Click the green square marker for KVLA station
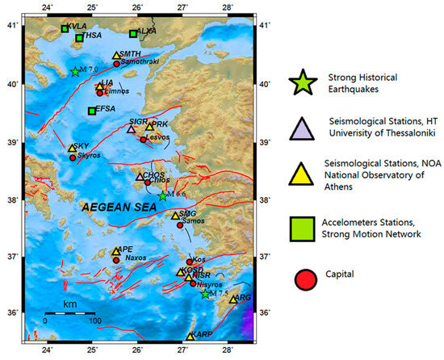click(x=65, y=29)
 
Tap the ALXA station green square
click(x=133, y=34)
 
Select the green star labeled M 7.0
click(x=75, y=72)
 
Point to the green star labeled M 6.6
click(x=162, y=196)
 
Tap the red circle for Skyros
click(x=73, y=157)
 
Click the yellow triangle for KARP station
click(x=191, y=336)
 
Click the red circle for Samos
click(x=180, y=225)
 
